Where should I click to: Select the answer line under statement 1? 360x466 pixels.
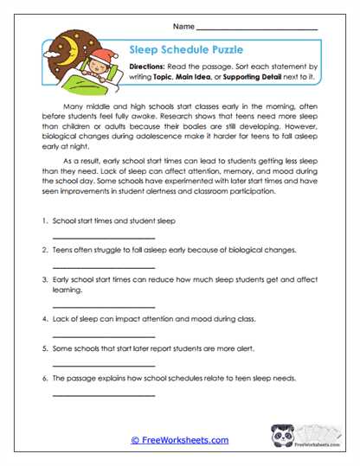coord(104,238)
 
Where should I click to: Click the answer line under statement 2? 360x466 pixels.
coord(104,267)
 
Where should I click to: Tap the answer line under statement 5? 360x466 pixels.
coord(104,365)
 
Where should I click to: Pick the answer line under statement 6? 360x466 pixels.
coord(104,395)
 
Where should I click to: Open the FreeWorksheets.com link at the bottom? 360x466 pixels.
coord(180,440)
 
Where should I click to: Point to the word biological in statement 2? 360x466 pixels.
coord(230,250)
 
